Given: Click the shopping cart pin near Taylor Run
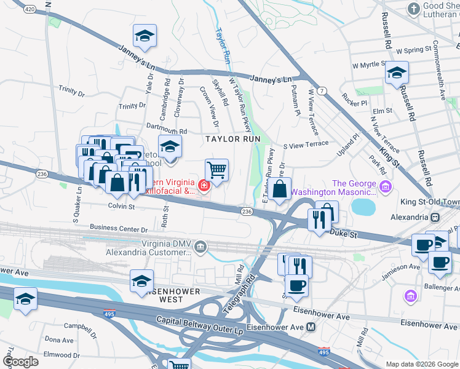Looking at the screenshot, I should click(x=216, y=170).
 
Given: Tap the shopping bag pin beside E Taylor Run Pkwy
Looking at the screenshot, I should click(x=279, y=189).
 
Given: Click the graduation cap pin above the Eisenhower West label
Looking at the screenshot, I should click(x=142, y=280).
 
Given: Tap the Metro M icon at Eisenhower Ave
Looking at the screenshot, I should click(x=311, y=327).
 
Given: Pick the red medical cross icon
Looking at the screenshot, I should click(x=203, y=184).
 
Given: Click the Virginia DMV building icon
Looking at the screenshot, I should click(x=200, y=247).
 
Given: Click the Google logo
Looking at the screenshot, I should click(x=21, y=361).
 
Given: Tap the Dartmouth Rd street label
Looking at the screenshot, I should click(x=166, y=130).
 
